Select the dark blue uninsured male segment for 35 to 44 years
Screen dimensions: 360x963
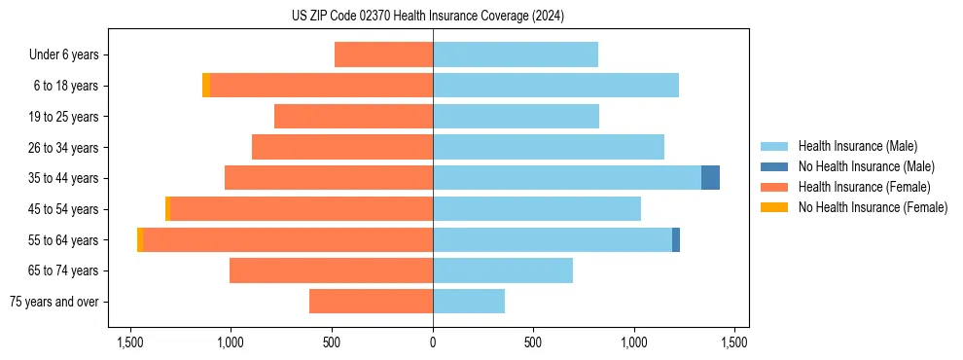[710, 178]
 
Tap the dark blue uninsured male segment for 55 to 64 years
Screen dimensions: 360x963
[676, 239]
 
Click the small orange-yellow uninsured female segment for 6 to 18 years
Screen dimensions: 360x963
[206, 86]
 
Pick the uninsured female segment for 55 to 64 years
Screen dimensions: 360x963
[140, 239]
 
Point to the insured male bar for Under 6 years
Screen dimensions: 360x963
[516, 54]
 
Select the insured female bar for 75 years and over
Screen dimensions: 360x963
[371, 302]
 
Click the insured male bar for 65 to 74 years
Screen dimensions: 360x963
[503, 270]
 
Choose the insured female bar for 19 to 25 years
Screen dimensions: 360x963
[353, 117]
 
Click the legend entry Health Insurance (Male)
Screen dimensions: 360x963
[857, 146]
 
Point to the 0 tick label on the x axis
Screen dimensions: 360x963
[433, 342]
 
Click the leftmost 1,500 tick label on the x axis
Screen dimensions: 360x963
[130, 342]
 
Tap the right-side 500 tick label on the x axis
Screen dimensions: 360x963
[532, 342]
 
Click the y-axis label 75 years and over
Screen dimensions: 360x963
[54, 302]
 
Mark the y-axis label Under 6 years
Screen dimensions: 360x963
[63, 55]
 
